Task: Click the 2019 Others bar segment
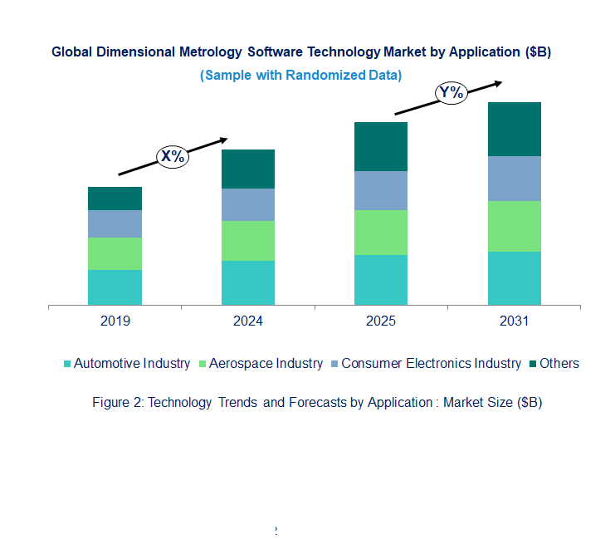point(115,199)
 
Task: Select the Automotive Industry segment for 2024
point(248,283)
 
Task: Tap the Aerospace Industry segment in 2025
point(381,233)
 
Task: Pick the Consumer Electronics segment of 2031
point(514,179)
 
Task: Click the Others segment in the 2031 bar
point(514,129)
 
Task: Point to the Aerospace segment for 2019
point(115,253)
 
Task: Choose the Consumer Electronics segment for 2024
point(248,204)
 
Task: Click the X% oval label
point(173,155)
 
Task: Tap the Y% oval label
point(451,93)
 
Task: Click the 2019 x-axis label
point(115,321)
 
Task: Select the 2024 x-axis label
point(248,321)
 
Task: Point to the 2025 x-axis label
point(381,321)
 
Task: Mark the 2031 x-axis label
point(514,321)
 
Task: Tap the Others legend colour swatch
point(533,364)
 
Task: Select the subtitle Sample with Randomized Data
point(301,75)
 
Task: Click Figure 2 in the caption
point(117,403)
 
